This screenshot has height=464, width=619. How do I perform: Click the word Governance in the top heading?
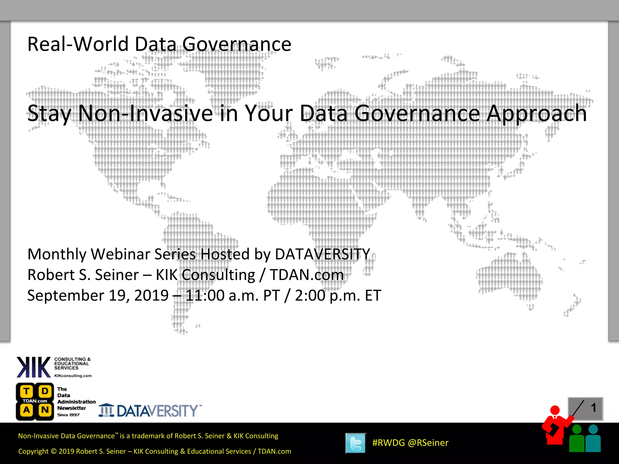click(237, 44)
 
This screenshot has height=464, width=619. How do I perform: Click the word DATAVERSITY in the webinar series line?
click(322, 254)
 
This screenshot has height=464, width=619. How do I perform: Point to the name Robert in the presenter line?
click(51, 275)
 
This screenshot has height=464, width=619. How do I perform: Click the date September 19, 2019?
click(98, 295)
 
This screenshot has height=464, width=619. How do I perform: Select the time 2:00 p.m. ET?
click(338, 295)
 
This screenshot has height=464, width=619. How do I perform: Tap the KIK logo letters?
click(33, 367)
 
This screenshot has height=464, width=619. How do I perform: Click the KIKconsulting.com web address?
click(73, 376)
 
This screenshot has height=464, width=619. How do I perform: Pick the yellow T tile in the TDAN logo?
click(27, 391)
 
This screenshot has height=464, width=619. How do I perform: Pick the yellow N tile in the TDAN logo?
click(45, 410)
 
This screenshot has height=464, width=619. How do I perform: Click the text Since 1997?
click(69, 415)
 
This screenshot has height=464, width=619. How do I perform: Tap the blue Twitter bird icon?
click(356, 443)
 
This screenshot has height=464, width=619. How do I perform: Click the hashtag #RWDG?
click(388, 443)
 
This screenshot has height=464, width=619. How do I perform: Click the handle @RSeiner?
click(428, 443)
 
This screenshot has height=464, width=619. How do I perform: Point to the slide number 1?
click(593, 408)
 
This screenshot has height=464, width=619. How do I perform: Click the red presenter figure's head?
click(555, 410)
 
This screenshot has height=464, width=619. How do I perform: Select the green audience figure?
click(577, 440)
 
